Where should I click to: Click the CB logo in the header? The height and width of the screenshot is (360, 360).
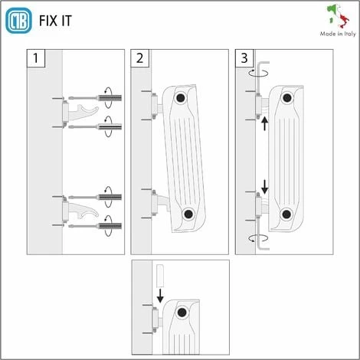(x=18, y=21)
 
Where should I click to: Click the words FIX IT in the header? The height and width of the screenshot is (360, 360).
(x=56, y=21)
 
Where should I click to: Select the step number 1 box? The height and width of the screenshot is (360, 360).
(x=34, y=58)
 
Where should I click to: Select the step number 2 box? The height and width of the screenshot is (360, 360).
(x=139, y=58)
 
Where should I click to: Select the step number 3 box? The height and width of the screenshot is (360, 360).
(x=244, y=58)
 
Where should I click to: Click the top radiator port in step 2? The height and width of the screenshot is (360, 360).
(x=181, y=97)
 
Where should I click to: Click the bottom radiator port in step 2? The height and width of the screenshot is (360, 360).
(x=188, y=214)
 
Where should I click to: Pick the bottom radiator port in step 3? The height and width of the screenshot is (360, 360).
(x=287, y=214)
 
